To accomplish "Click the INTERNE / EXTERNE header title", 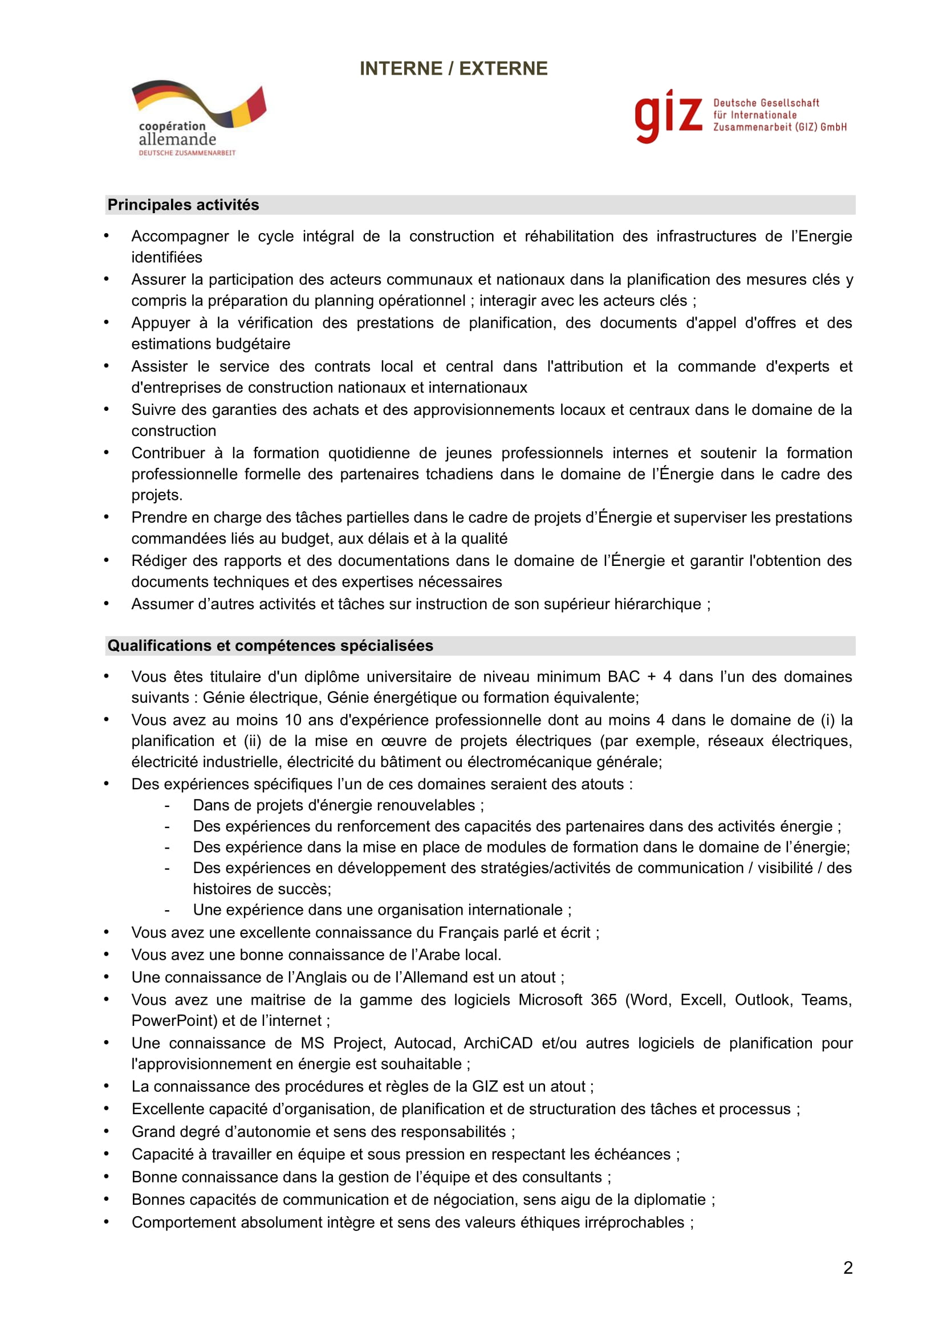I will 453,68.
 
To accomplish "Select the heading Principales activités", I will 183,205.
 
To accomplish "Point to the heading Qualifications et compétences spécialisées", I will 270,646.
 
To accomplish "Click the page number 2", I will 848,1267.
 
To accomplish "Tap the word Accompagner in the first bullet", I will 180,237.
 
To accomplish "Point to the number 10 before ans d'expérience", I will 292,720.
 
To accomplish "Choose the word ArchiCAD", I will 498,1043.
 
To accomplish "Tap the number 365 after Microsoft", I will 603,1000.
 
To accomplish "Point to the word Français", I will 472,932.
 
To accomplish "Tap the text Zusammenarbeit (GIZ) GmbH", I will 779,127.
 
